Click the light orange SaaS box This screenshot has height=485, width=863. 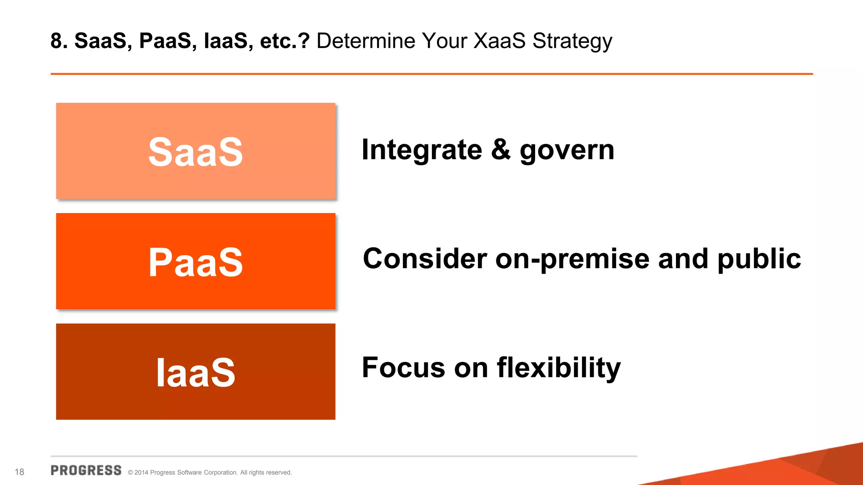[x=196, y=151]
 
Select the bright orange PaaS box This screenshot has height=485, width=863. [x=196, y=261]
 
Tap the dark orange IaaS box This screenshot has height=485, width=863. [x=196, y=371]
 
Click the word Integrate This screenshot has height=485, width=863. [x=422, y=150]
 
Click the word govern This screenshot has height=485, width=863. [x=567, y=151]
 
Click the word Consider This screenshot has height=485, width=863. [x=425, y=258]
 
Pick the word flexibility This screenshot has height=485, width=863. [x=559, y=368]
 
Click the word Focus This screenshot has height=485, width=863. [x=403, y=367]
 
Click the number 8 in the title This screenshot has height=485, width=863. [x=56, y=41]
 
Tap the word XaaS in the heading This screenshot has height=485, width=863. [x=499, y=41]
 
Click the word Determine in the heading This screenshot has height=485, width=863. [x=366, y=41]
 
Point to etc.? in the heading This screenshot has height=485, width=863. [x=285, y=41]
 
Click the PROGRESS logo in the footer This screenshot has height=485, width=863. [x=86, y=471]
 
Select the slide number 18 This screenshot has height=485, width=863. [x=19, y=472]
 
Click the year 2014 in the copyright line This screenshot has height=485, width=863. [x=141, y=472]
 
